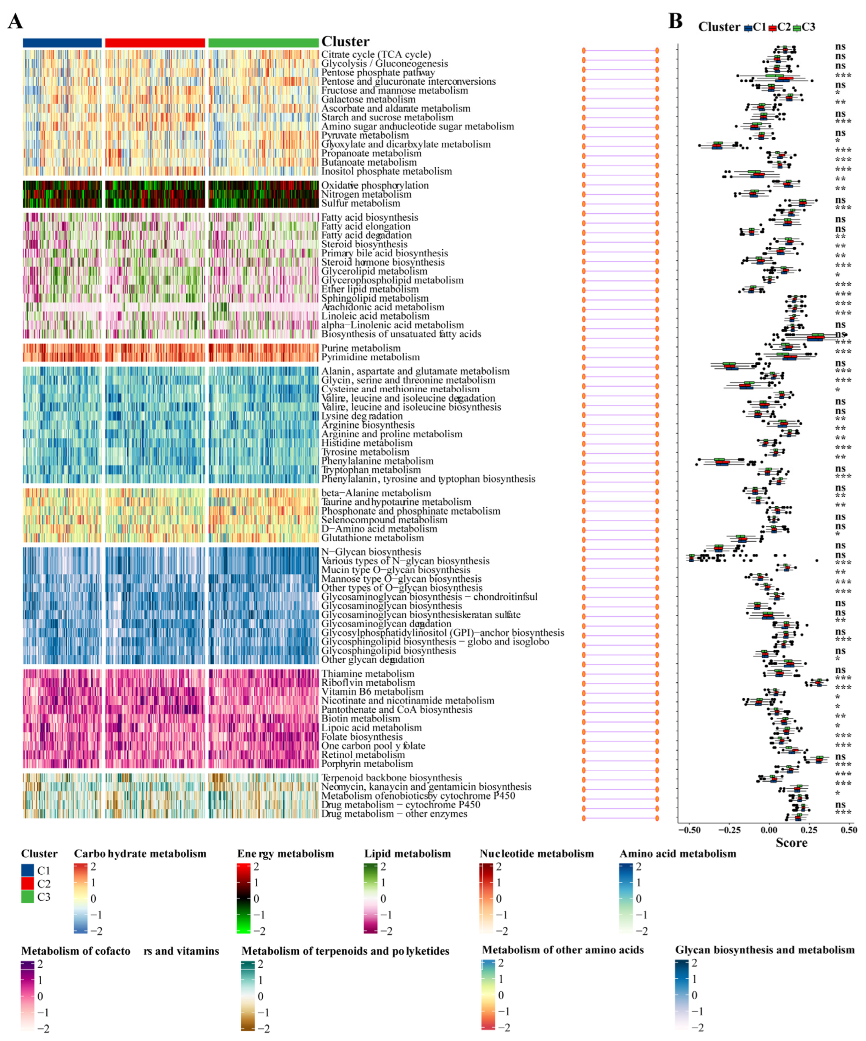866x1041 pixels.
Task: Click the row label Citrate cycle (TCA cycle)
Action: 376,54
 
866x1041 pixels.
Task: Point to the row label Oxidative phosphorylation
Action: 374,185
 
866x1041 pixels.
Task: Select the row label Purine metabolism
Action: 361,348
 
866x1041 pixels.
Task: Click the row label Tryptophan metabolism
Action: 371,470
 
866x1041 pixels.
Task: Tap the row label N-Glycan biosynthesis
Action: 371,552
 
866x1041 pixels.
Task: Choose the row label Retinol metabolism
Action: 363,755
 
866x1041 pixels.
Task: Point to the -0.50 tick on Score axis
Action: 689,830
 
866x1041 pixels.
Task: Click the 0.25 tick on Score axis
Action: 808,830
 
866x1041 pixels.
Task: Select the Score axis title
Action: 791,843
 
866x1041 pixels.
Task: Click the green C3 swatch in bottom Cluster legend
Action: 28,897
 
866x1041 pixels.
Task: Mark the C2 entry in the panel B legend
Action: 779,27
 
